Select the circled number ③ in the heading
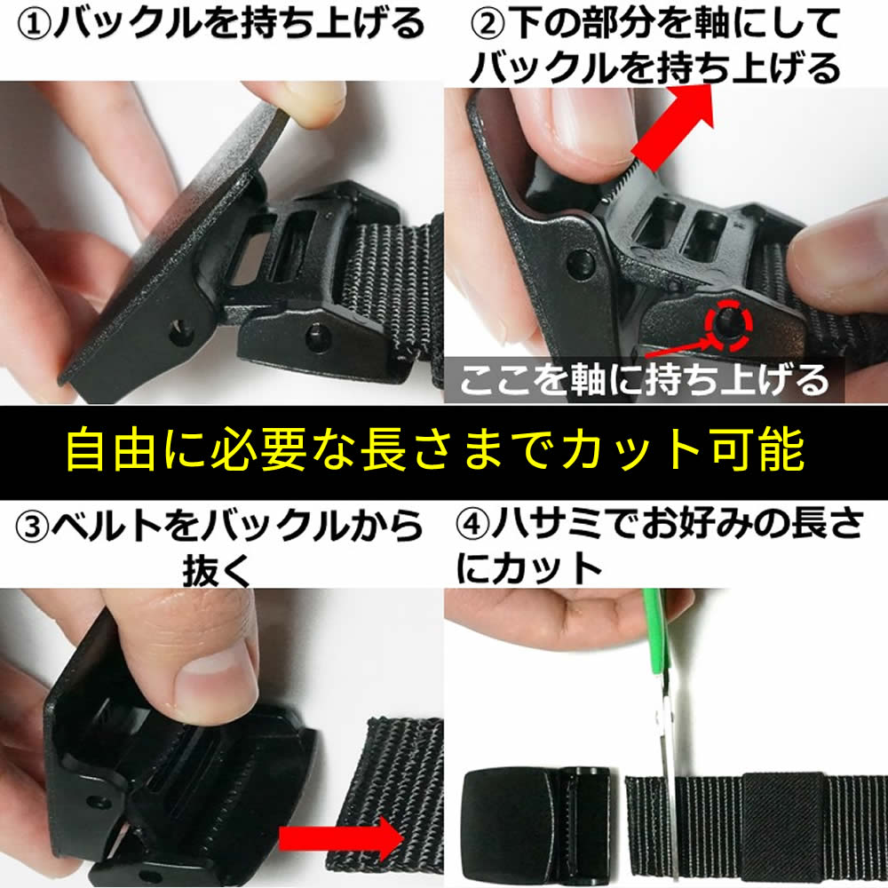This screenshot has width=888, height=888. pos(32,527)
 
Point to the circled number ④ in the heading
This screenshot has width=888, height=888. pos(473,525)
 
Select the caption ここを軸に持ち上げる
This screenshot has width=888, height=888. pos(644,379)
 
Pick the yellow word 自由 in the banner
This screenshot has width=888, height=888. pos(111,450)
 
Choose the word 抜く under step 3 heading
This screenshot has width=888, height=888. pos(216,570)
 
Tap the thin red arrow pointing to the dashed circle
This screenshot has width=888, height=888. pos(677,347)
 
